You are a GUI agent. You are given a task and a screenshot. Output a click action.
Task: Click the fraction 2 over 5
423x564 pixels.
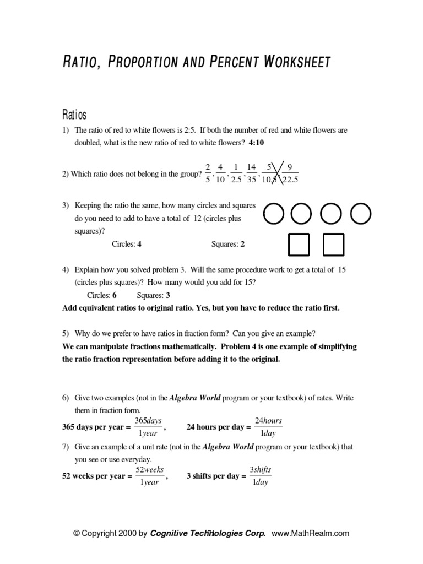[x=208, y=173]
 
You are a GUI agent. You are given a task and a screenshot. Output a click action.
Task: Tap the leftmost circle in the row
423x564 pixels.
[x=274, y=214]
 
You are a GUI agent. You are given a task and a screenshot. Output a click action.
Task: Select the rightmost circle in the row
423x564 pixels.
[x=361, y=214]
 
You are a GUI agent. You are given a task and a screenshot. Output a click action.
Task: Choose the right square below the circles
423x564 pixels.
[x=334, y=245]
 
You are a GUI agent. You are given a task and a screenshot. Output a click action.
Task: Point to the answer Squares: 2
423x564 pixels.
[x=228, y=244]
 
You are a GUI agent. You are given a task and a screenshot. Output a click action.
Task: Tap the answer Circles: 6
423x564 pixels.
[x=102, y=295]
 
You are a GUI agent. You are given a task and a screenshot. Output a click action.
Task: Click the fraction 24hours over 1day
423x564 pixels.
[x=268, y=427]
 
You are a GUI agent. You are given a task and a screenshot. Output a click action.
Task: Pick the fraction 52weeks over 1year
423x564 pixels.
[x=148, y=476]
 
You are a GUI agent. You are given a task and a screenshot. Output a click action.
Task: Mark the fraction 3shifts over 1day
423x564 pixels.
[x=260, y=476]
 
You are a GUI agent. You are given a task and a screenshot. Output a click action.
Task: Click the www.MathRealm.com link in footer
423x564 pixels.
[x=311, y=533]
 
